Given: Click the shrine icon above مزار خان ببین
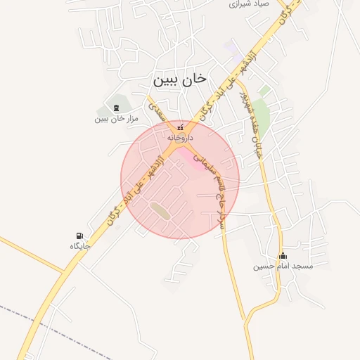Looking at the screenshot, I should tap(116, 107).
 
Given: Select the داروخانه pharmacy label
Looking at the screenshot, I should tap(179, 139).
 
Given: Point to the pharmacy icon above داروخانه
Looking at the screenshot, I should tap(180, 128).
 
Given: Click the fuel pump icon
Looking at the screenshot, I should tap(79, 236).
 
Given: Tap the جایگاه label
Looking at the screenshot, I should tap(79, 247).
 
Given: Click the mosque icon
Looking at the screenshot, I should tap(283, 255).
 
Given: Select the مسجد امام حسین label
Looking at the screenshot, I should tap(283, 266).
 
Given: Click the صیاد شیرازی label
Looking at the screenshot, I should tap(250, 4).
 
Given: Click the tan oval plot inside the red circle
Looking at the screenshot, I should tap(160, 209).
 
